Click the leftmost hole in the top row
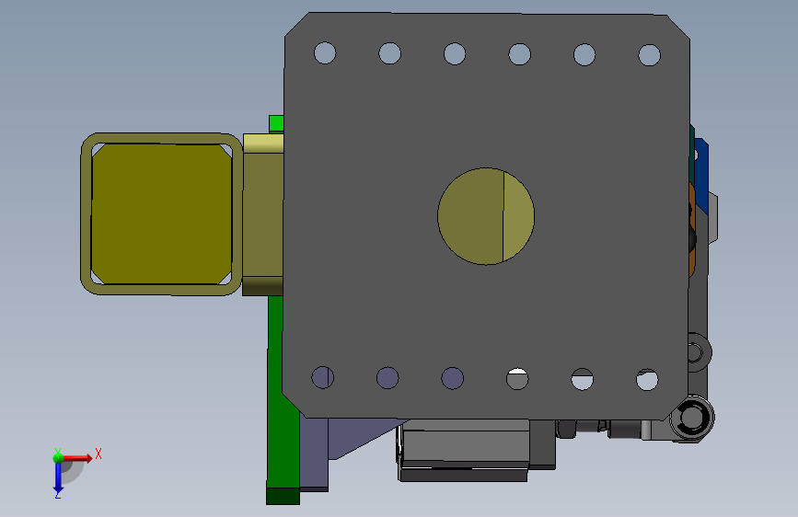(325, 53)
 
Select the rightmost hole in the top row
(650, 55)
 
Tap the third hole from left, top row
(455, 54)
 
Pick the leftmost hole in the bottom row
(323, 377)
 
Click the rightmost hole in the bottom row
(647, 380)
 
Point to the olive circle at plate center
(485, 216)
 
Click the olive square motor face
(161, 213)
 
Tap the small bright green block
(276, 123)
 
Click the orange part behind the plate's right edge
(692, 230)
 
